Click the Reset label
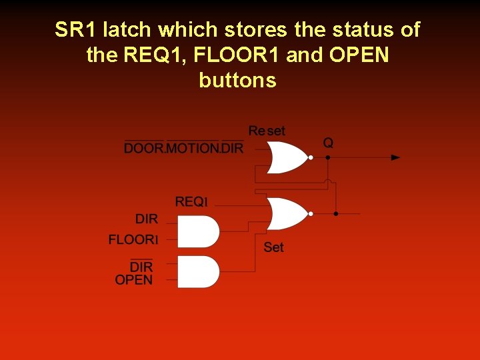[x=267, y=131]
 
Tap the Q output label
[x=328, y=143]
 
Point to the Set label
[x=273, y=247]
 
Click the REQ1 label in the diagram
[x=191, y=202]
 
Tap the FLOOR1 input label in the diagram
[x=133, y=239]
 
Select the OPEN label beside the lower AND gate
[x=133, y=280]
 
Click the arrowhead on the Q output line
[x=395, y=158]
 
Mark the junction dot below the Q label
[x=328, y=158]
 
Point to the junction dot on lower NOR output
[x=335, y=213]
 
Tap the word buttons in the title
[x=237, y=81]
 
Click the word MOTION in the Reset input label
[x=192, y=148]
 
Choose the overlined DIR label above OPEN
[x=141, y=267]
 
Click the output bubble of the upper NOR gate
[x=311, y=158]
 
